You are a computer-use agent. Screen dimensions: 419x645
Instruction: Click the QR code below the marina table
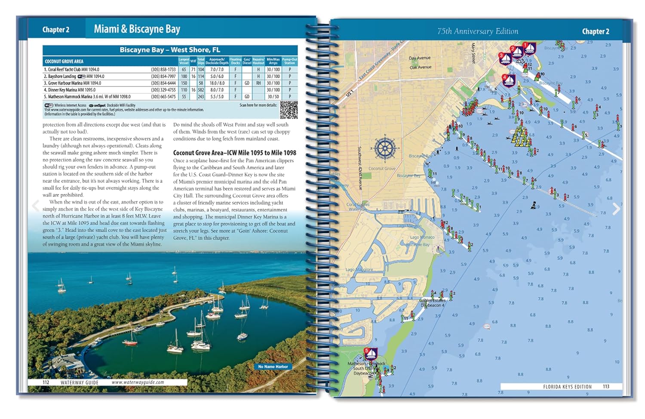coord(289,110)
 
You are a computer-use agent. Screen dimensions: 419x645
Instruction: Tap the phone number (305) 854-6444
coord(163,83)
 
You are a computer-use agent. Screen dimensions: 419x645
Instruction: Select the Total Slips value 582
coord(201,90)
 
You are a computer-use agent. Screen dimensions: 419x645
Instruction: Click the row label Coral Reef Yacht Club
coord(73,69)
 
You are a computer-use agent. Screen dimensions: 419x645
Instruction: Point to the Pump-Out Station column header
coord(289,61)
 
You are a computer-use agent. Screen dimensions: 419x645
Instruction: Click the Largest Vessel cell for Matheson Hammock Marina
coord(184,97)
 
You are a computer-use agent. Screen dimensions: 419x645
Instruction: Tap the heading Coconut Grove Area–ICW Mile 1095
coord(234,153)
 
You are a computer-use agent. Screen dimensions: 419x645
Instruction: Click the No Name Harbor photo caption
coord(273,367)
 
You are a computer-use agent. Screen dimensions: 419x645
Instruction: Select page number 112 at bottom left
coord(46,382)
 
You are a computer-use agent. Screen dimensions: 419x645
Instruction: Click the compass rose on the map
coord(384,148)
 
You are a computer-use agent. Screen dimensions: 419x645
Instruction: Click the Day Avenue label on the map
coord(420,58)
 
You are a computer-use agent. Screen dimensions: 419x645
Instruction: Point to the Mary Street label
coord(473,53)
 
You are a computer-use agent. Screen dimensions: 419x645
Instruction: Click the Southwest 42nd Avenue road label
coord(360,168)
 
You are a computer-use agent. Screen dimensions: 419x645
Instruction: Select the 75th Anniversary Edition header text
coord(477,31)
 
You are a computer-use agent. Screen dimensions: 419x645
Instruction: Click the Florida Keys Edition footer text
coord(567,387)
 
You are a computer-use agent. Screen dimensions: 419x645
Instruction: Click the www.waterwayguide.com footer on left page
coord(138,382)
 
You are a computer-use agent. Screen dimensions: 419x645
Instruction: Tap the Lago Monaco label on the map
coord(422,237)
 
